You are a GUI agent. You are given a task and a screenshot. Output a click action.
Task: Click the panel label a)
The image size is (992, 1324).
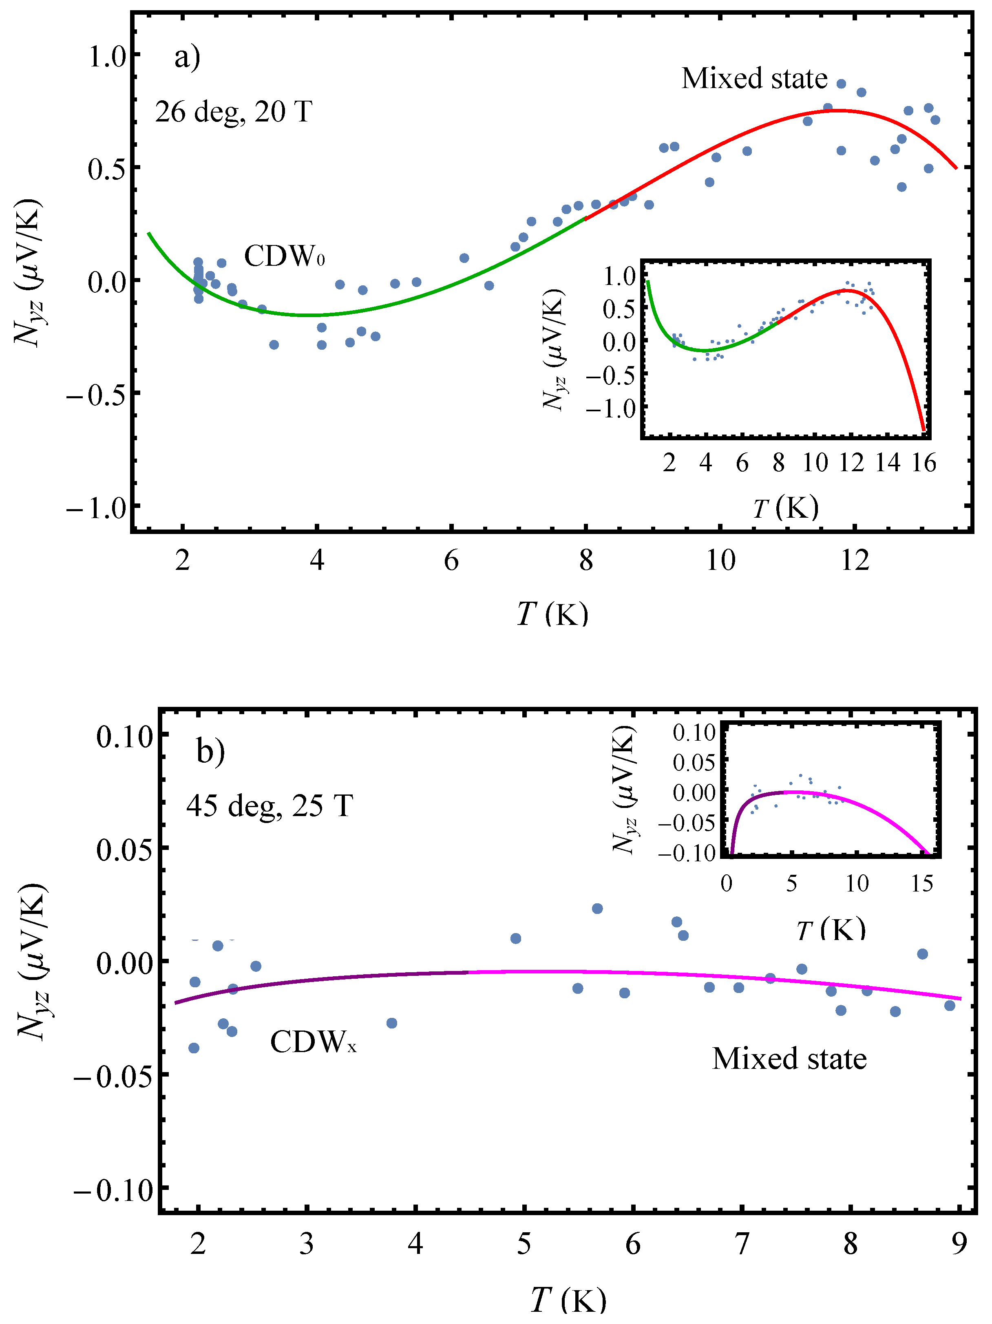point(187,58)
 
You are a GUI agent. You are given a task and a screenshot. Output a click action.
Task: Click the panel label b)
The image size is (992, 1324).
point(210,751)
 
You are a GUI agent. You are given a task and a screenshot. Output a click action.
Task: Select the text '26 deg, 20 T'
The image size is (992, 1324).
point(234,112)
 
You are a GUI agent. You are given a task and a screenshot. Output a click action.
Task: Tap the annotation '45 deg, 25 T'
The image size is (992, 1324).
point(270,805)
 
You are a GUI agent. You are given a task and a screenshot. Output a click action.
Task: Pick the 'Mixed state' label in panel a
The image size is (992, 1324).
point(754,78)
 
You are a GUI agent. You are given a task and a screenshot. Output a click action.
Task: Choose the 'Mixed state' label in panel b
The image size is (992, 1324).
point(789,1059)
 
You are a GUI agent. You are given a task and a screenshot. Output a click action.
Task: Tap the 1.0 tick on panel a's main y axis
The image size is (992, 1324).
point(108,57)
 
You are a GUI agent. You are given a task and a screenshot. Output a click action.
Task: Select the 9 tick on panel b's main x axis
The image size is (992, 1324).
point(959,1245)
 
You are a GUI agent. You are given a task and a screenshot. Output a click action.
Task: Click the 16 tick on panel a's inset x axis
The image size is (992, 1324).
point(924,463)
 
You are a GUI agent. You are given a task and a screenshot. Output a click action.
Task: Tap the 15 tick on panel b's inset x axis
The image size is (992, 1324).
point(922,883)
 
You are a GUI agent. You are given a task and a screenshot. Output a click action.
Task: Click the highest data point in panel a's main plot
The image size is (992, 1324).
point(841,84)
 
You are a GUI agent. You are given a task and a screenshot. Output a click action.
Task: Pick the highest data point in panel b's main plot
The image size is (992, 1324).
point(597,909)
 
